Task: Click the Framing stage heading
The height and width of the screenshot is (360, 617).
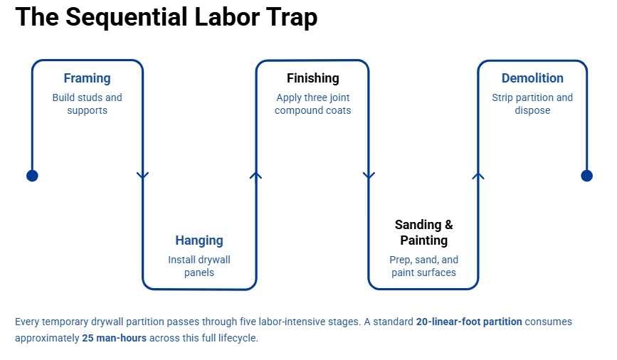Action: [x=87, y=78]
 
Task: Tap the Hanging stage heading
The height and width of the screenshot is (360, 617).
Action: [x=199, y=240]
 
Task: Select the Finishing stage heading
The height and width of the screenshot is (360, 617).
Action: [x=312, y=78]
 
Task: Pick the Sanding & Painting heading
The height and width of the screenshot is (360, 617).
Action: [x=423, y=233]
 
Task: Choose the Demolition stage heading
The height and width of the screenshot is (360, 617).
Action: [x=532, y=78]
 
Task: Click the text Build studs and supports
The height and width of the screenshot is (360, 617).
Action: [x=87, y=104]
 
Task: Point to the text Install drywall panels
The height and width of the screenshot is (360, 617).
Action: [x=199, y=266]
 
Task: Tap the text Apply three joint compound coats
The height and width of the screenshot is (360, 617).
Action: [x=312, y=104]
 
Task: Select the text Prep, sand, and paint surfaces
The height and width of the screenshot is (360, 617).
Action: [x=423, y=266]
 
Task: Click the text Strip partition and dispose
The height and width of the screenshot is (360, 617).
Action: [x=532, y=104]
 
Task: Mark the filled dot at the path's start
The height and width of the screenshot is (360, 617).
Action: [x=32, y=176]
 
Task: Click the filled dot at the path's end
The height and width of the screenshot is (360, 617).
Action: [x=586, y=176]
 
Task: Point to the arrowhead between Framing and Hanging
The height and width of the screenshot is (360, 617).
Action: [x=143, y=175]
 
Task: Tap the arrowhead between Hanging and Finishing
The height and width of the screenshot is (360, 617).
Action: [x=256, y=174]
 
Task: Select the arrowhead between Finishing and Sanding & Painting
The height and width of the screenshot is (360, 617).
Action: [x=369, y=175]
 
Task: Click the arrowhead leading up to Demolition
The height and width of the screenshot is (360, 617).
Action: [x=478, y=174]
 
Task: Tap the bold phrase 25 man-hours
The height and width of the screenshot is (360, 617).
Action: [x=114, y=338]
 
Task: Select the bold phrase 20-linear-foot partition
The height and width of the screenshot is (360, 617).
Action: [x=469, y=322]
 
